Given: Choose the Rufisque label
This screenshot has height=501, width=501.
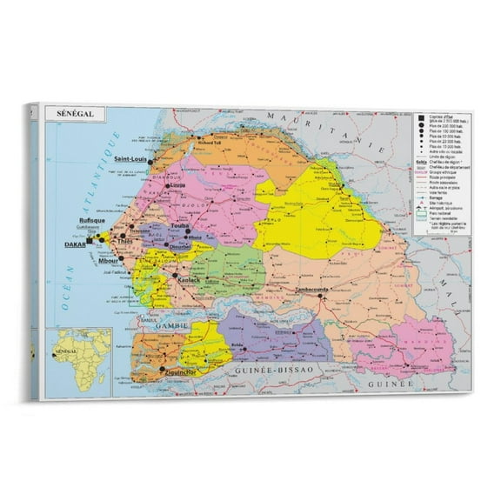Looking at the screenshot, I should tap(91, 222).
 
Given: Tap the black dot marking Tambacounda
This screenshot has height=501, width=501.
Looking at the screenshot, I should tap(321, 296).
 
